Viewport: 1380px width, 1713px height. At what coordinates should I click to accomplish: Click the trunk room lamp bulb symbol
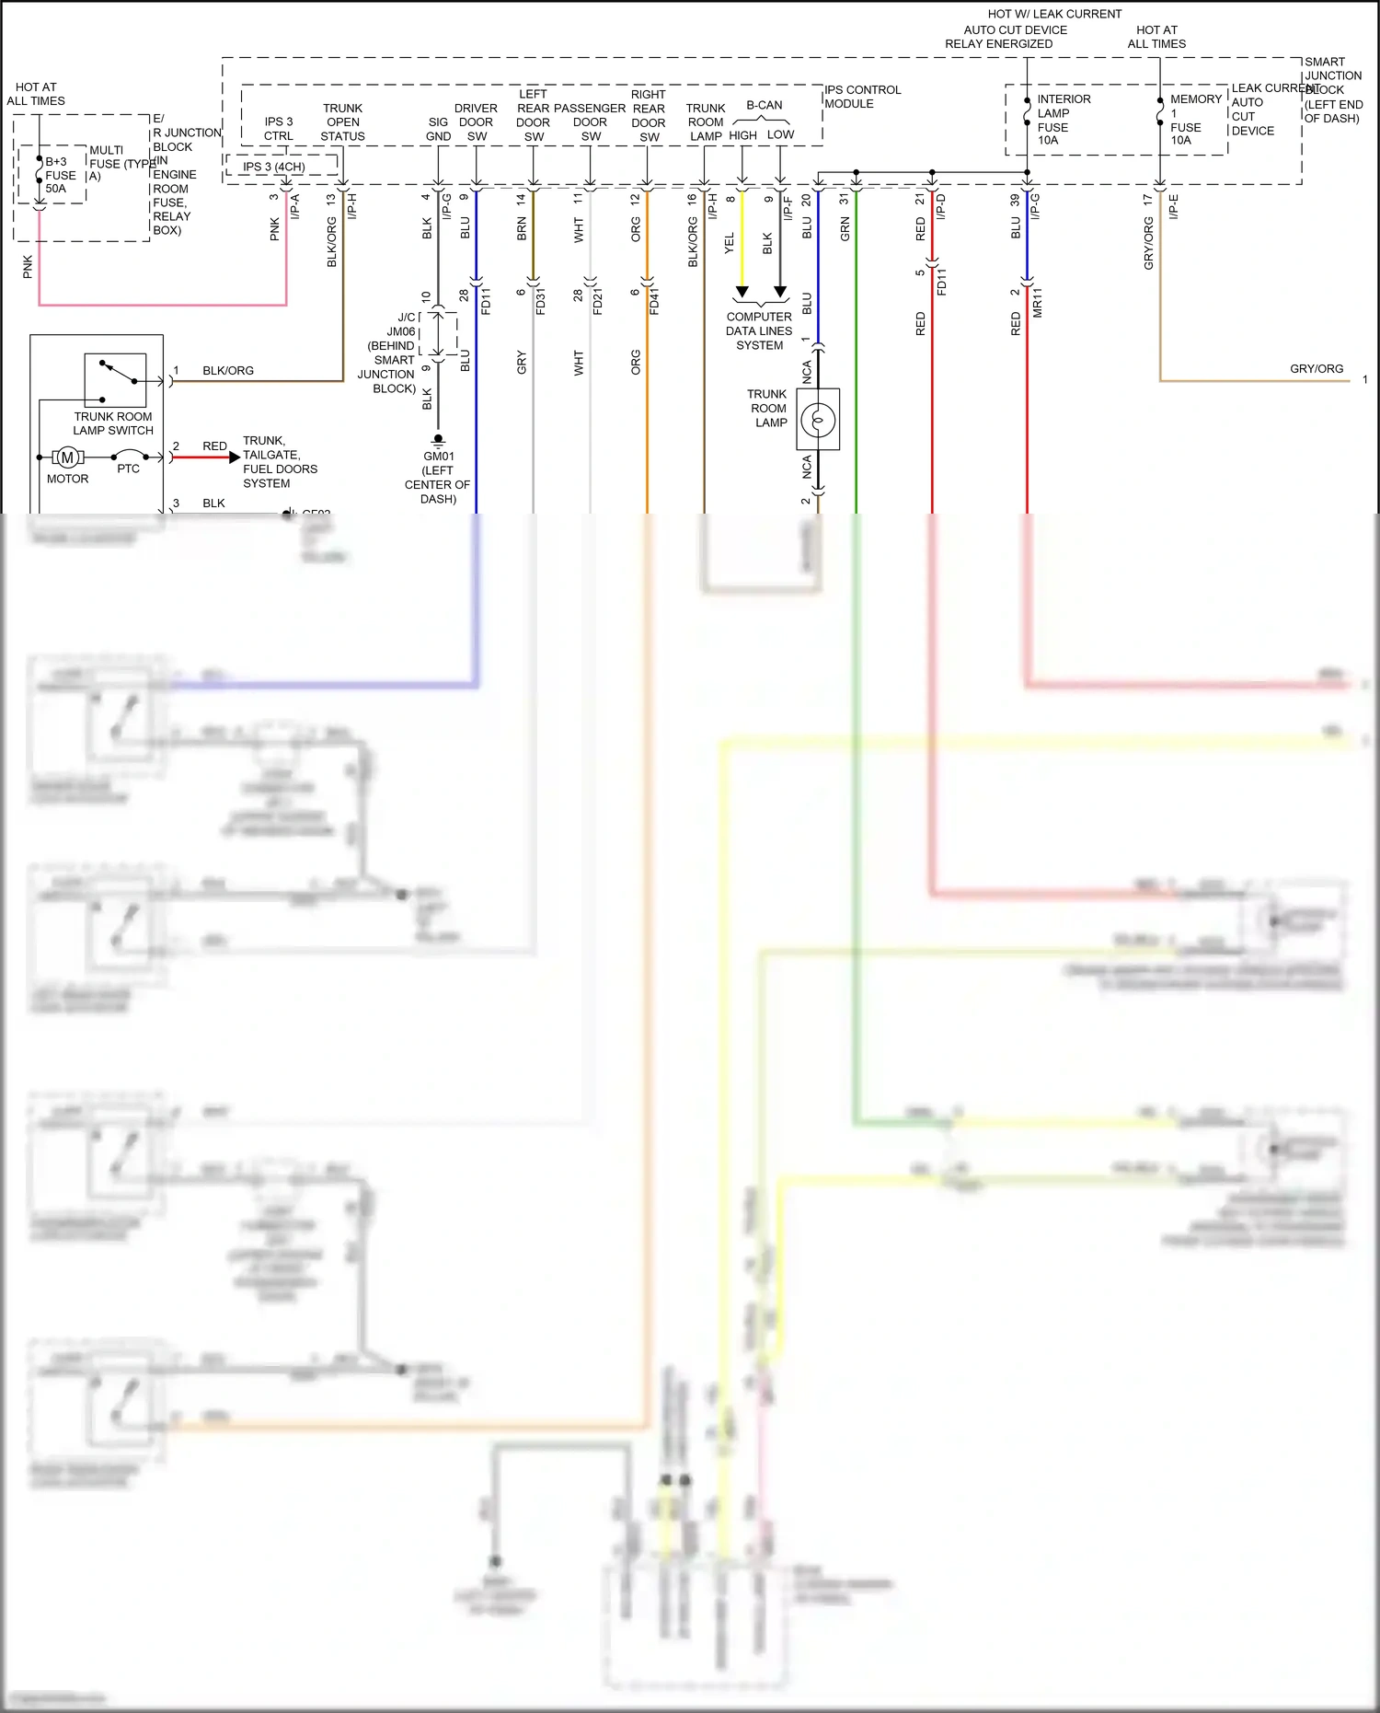pos(818,420)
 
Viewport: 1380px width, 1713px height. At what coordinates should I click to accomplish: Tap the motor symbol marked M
pos(67,457)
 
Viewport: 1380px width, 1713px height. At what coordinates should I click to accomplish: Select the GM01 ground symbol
pos(438,440)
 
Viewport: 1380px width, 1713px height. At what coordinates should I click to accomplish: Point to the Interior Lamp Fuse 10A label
pos(1064,120)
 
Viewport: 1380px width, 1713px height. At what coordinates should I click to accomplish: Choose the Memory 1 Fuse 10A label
pos(1195,120)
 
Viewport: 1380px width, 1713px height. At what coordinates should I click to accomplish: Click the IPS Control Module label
pos(862,97)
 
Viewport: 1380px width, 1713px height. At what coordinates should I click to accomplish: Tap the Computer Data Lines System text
pos(759,330)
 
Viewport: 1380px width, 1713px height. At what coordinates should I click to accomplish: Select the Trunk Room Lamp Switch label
pos(113,423)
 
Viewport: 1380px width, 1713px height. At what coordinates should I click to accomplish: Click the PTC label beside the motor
pos(129,469)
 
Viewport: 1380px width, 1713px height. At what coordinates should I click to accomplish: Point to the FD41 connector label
pos(654,301)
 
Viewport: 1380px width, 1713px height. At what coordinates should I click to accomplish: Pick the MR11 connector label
pos(1038,302)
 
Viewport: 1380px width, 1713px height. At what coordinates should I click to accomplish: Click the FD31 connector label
pos(540,301)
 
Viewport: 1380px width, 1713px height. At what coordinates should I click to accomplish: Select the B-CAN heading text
pos(764,105)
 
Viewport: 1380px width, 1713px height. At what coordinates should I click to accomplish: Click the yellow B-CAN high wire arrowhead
pos(742,293)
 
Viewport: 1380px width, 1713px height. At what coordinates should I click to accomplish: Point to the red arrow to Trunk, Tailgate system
pos(234,457)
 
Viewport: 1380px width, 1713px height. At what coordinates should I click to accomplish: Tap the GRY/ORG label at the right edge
pos(1316,368)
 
